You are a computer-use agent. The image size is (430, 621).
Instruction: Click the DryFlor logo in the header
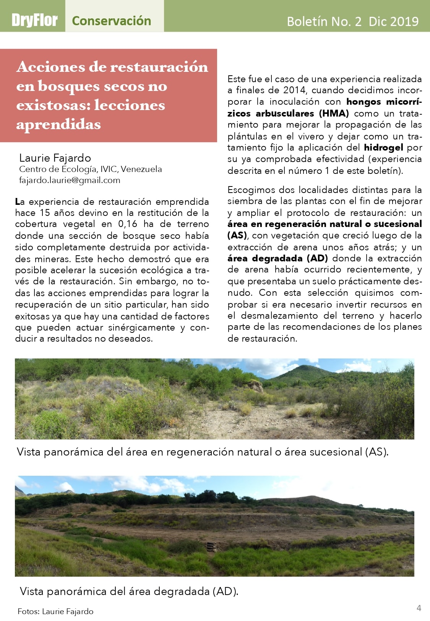(x=34, y=20)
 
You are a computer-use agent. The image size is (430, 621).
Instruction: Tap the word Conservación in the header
(x=111, y=21)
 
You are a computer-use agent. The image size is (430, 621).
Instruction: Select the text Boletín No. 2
(x=324, y=21)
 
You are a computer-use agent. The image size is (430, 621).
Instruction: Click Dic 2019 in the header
(x=393, y=21)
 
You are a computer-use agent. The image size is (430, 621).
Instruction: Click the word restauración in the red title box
(x=159, y=67)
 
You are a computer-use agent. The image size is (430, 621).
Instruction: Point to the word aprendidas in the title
(x=58, y=124)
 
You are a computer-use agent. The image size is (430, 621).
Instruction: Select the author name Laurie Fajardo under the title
(x=55, y=158)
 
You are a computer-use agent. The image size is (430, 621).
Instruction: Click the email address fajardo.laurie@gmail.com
(x=70, y=180)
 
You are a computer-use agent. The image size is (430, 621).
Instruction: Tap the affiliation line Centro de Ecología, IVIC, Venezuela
(x=91, y=169)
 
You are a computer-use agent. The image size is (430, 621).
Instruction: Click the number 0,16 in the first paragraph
(x=127, y=224)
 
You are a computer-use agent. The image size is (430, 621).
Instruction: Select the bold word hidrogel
(x=383, y=148)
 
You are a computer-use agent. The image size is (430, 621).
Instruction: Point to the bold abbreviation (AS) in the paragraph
(x=237, y=235)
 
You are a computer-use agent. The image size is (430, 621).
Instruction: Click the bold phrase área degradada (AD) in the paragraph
(x=277, y=258)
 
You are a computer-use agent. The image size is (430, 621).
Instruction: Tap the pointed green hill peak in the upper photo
(x=304, y=366)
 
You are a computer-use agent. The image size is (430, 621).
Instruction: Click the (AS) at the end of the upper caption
(x=376, y=452)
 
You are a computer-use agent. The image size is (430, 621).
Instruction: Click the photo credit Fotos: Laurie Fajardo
(x=55, y=611)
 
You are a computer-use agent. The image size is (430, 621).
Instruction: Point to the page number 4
(x=419, y=608)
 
